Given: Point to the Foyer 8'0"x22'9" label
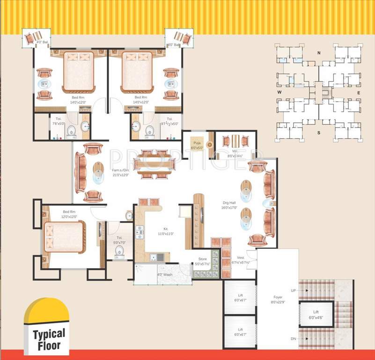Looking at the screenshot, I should tap(278, 300).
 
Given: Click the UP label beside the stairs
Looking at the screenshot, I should tap(294, 291).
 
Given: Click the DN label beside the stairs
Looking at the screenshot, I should tap(294, 338).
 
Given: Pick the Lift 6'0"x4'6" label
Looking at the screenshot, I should tap(316, 315).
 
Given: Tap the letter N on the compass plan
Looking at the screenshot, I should tap(319, 53).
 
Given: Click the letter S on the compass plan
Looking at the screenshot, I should tap(319, 133).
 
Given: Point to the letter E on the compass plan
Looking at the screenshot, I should tap(359, 93).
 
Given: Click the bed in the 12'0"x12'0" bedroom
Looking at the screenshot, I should tap(64, 237).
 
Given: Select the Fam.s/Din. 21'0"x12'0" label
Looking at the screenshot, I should tap(120, 172).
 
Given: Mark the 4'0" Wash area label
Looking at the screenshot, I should tap(165, 275).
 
